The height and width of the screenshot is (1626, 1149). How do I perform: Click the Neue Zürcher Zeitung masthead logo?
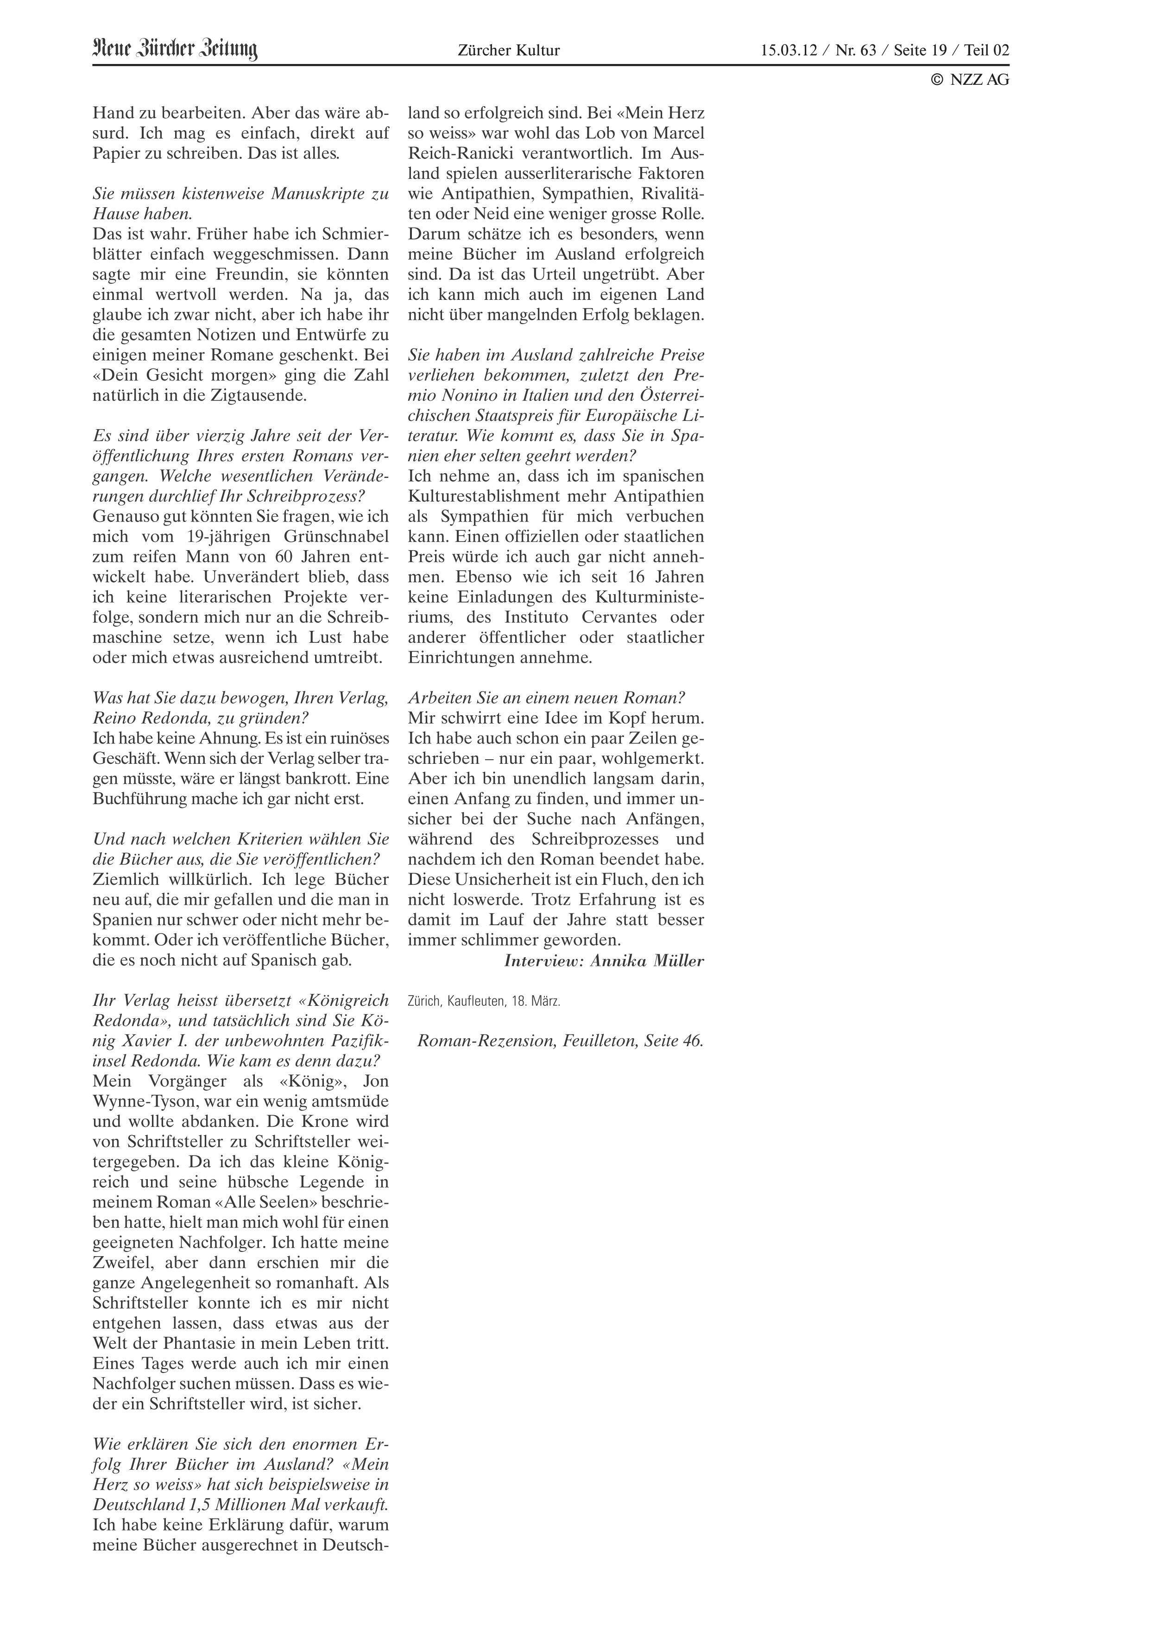point(175,50)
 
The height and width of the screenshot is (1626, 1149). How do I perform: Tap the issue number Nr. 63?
point(857,50)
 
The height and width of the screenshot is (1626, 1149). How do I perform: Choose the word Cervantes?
point(616,617)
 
